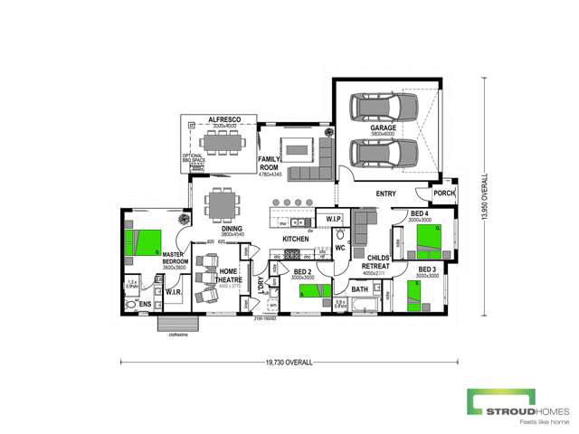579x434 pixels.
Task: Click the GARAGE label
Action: (x=383, y=129)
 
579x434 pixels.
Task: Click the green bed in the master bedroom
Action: (x=143, y=242)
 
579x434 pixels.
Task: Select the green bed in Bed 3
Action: (x=417, y=296)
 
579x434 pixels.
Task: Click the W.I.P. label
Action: (x=332, y=219)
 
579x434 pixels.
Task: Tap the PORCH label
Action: (x=444, y=192)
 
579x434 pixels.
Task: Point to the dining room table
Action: (x=221, y=203)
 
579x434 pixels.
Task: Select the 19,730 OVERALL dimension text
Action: (x=289, y=362)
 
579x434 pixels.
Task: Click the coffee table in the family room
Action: (x=298, y=148)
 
